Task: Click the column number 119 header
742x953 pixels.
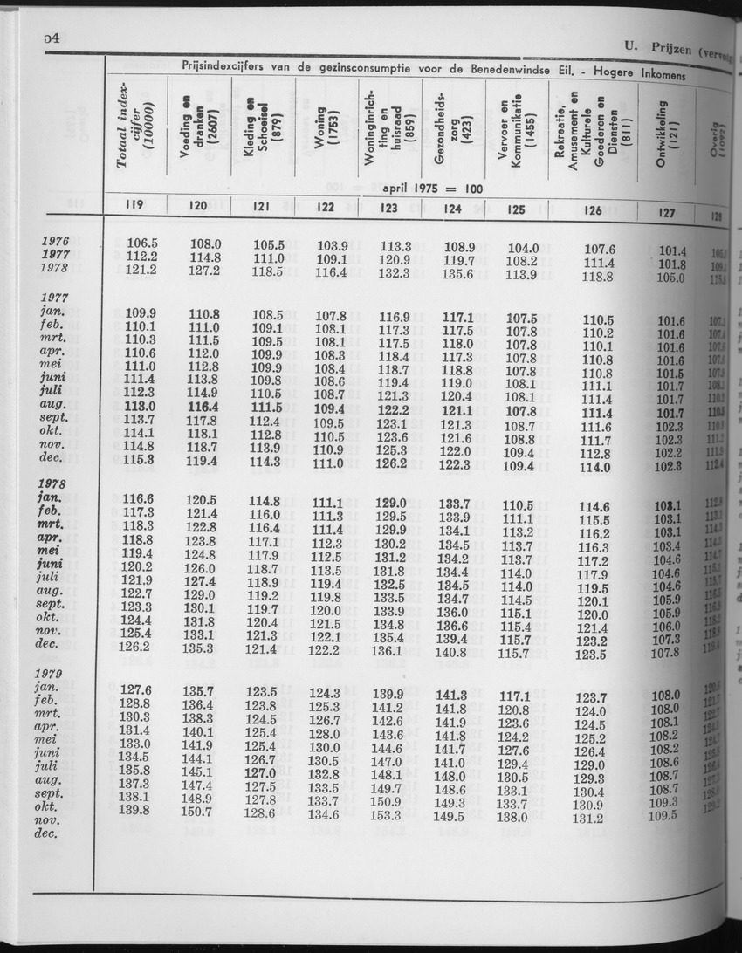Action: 134,206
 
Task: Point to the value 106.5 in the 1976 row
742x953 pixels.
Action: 141,243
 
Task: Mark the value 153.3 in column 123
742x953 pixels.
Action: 384,815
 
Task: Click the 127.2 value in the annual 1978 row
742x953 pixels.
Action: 204,270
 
